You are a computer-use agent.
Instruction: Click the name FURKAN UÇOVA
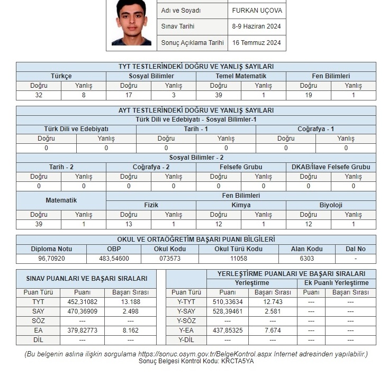click(x=257, y=11)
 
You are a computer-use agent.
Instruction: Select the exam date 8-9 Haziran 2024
click(x=256, y=26)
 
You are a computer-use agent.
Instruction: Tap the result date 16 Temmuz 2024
click(x=256, y=43)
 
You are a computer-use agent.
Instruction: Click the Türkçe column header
click(x=61, y=76)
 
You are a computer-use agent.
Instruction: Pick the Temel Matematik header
click(x=241, y=76)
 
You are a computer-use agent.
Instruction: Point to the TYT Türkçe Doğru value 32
click(x=39, y=96)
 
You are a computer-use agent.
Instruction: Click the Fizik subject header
click(x=151, y=205)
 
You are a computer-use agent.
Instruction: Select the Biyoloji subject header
click(x=331, y=205)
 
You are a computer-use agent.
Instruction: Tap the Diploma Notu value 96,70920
click(x=51, y=259)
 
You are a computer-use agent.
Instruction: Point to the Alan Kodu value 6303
click(x=307, y=259)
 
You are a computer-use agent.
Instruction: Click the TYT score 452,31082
click(x=82, y=302)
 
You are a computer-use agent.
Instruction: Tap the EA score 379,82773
click(x=82, y=330)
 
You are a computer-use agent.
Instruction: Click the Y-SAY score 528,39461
click(x=228, y=311)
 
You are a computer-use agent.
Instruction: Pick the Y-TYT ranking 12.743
click(x=273, y=302)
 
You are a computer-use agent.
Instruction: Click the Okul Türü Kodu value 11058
click(x=238, y=259)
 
